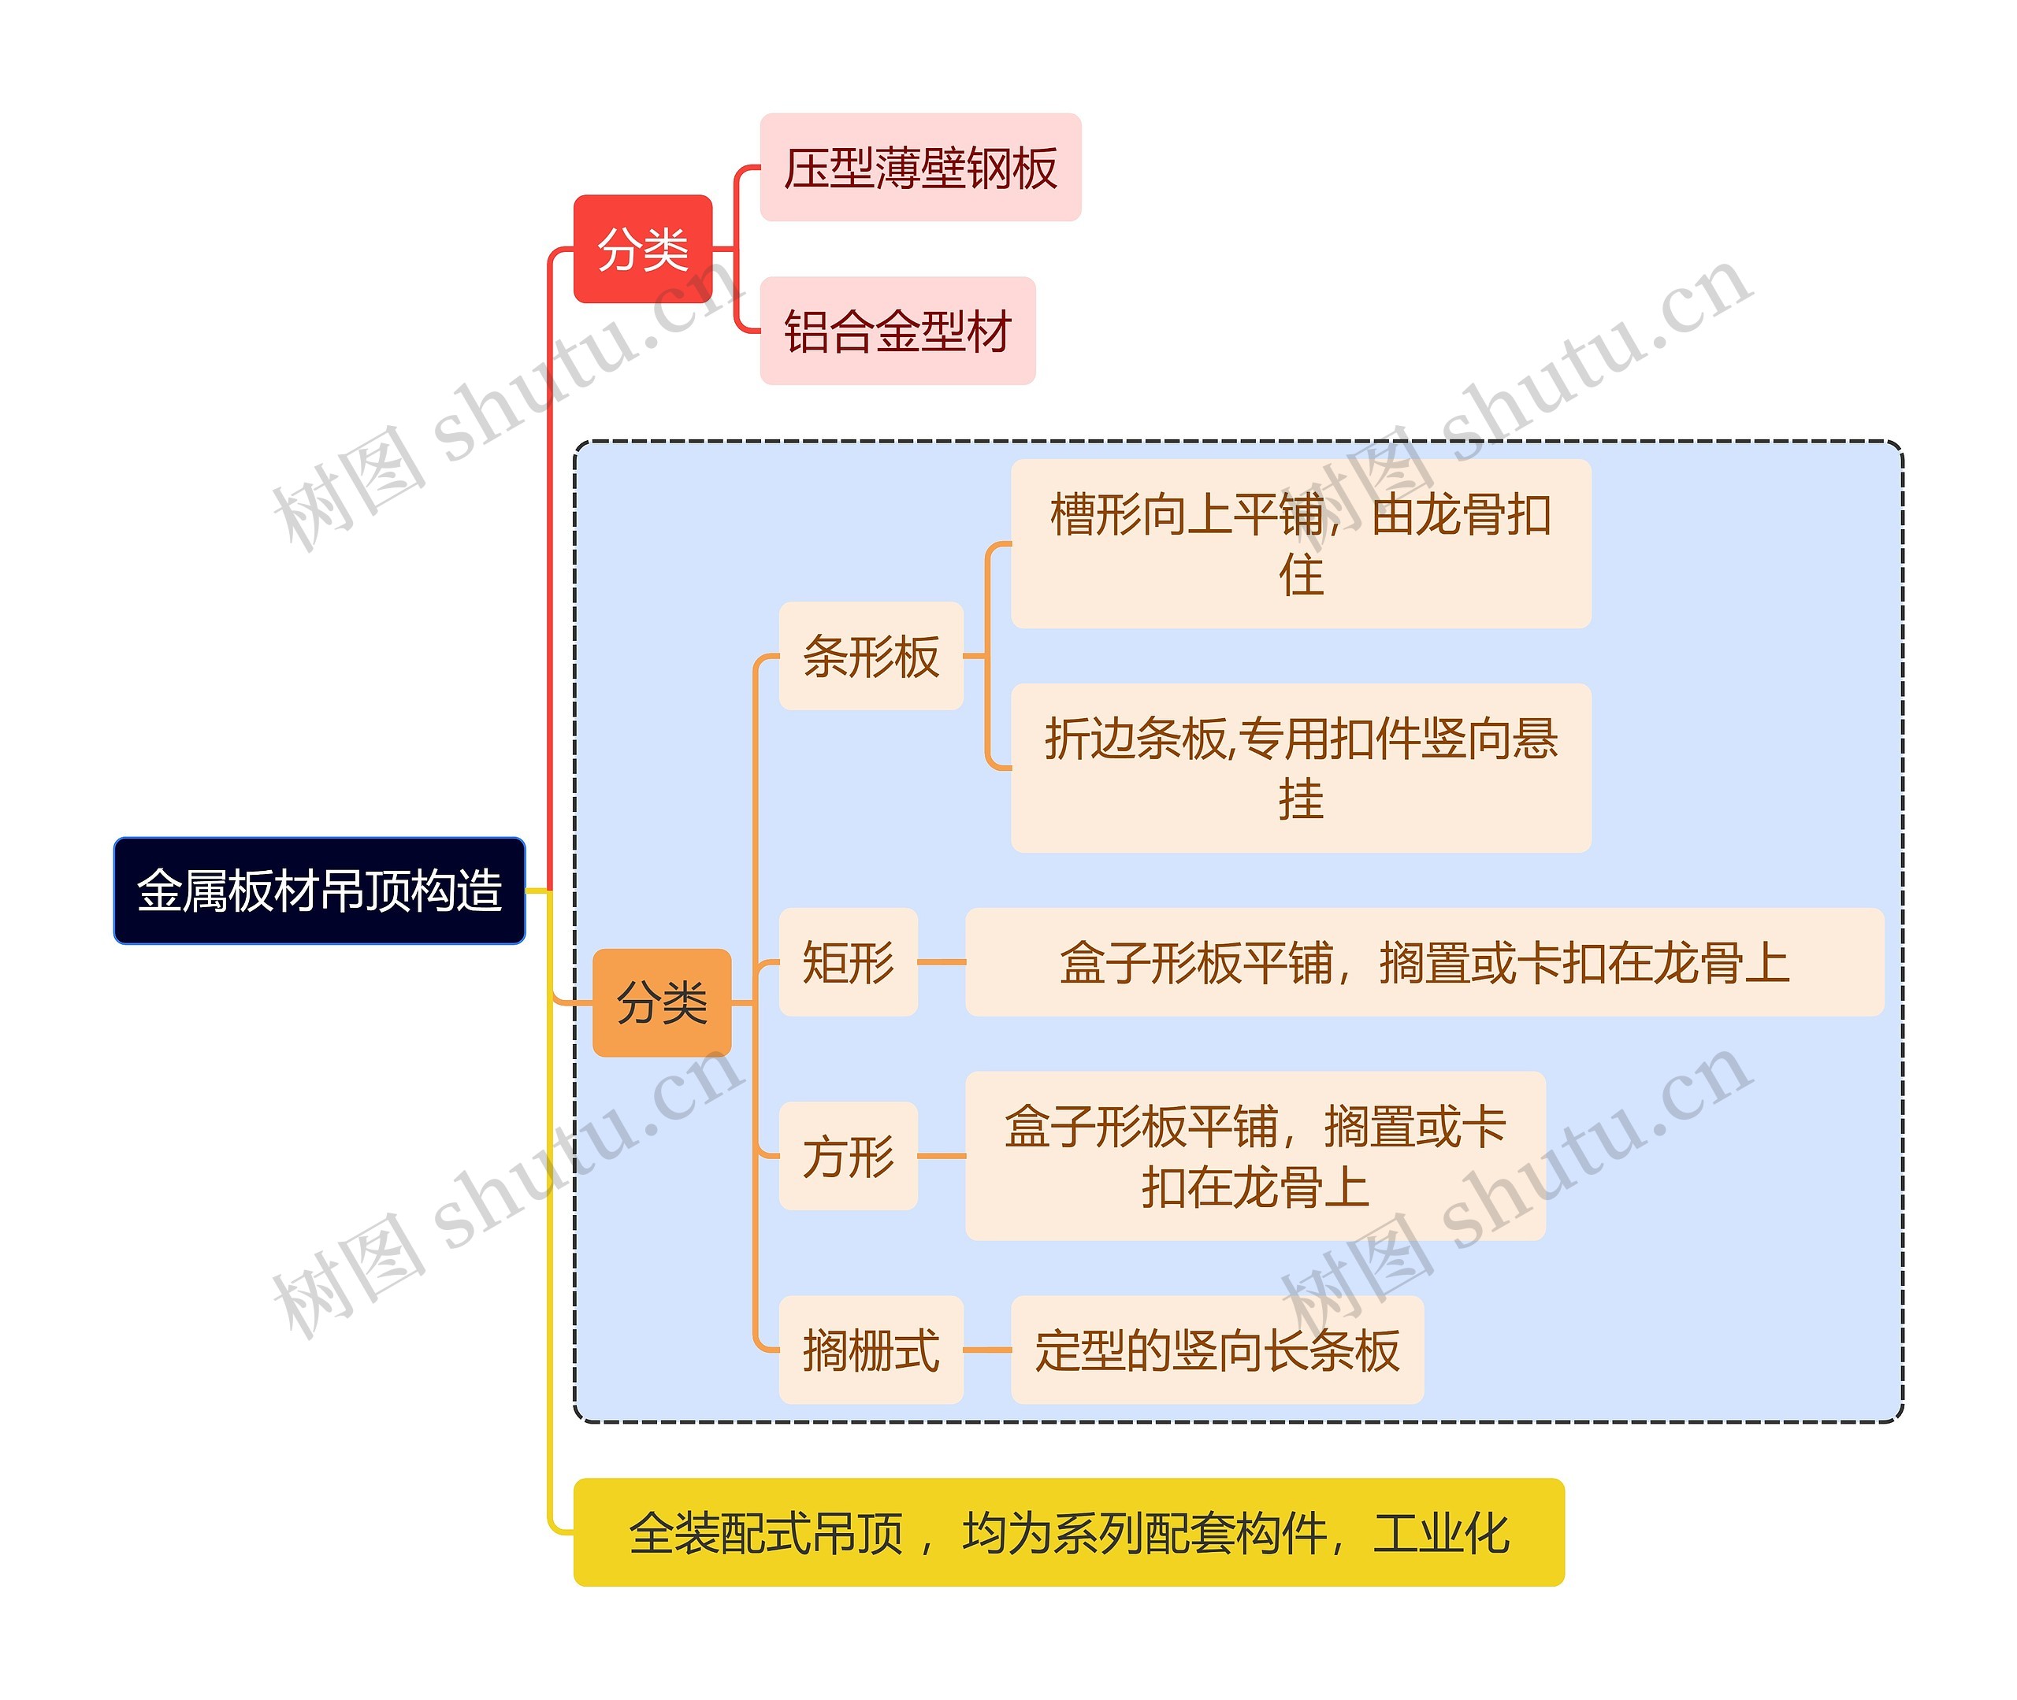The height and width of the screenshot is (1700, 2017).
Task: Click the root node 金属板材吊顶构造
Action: click(319, 891)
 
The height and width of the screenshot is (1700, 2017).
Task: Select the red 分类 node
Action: click(643, 250)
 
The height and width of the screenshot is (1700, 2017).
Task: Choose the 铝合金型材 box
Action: click(897, 331)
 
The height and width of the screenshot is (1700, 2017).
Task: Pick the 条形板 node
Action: click(871, 656)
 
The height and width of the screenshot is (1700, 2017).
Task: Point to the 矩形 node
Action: click(848, 961)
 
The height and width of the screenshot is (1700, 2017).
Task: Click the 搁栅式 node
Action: click(871, 1349)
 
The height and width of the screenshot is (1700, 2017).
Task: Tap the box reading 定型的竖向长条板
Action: click(1217, 1349)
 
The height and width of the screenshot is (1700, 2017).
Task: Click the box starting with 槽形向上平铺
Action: click(1301, 543)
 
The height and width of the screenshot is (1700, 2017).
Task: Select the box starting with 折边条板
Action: click(1301, 768)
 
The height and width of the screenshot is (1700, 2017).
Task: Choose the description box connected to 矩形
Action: click(1424, 961)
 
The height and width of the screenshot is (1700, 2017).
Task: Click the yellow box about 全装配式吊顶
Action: click(1068, 1532)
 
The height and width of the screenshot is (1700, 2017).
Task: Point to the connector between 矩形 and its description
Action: click(941, 961)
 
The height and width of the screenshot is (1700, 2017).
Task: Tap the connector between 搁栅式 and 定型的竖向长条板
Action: click(986, 1349)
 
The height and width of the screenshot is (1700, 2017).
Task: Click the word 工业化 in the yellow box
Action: click(1441, 1532)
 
